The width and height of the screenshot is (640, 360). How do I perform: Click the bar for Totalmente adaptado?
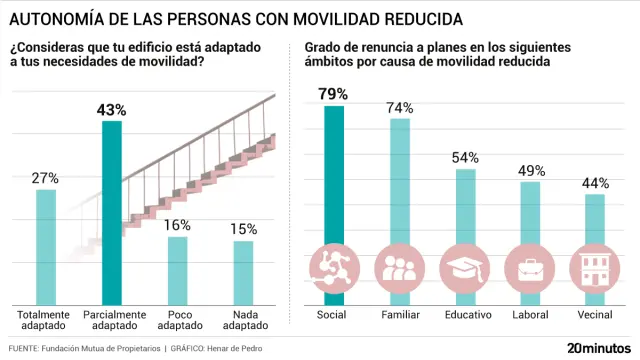tap(46, 247)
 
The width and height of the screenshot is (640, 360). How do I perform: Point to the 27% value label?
tap(46, 178)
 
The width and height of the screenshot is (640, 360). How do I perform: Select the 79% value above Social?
tap(333, 94)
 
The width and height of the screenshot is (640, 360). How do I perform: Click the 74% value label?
tap(400, 107)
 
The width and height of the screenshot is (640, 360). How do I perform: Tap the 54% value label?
tap(465, 158)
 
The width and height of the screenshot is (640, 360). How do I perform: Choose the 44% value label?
tap(594, 182)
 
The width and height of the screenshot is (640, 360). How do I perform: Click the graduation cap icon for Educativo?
tap(465, 268)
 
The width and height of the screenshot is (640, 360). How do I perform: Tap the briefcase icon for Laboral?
tap(530, 268)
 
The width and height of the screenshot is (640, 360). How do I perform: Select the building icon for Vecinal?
tap(594, 268)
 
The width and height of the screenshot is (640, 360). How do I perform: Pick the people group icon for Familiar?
tap(400, 268)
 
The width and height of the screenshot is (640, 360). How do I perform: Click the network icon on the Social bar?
tap(333, 268)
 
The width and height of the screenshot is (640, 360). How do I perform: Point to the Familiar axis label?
tap(400, 315)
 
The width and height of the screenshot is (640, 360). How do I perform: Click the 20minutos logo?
tap(599, 347)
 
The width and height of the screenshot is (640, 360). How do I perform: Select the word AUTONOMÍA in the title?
tap(55, 20)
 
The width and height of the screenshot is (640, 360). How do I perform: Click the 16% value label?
tap(177, 225)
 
